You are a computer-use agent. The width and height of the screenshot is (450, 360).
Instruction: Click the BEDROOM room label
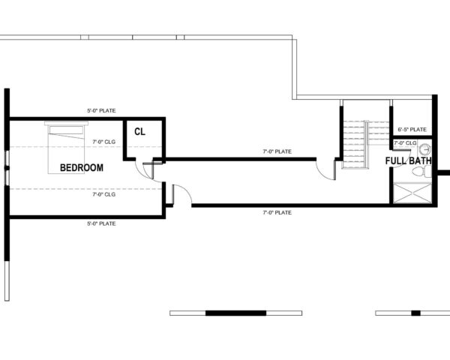coord(81,167)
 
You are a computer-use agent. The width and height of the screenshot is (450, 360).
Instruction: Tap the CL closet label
coord(139,131)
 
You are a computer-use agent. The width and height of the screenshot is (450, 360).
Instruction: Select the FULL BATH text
coord(409,160)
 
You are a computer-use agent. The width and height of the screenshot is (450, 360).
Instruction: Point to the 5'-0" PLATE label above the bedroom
coord(102,111)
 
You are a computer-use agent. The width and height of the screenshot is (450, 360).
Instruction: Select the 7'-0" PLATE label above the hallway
coord(277,151)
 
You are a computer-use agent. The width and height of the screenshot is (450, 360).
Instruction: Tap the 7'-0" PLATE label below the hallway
coord(277,212)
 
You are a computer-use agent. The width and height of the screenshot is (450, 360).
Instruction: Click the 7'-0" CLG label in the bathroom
coord(405,142)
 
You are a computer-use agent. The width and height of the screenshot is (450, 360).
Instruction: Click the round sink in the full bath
coord(424,148)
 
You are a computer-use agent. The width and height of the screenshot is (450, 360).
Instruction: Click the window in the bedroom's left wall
coord(7,172)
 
